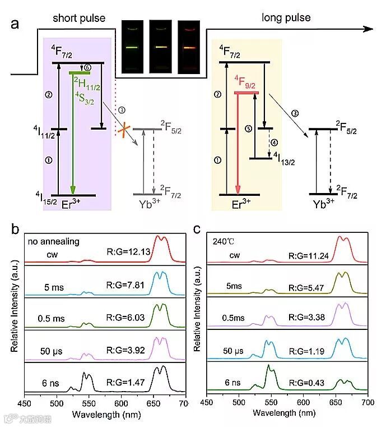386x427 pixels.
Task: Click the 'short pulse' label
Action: (79, 18)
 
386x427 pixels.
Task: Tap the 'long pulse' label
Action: (286, 18)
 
